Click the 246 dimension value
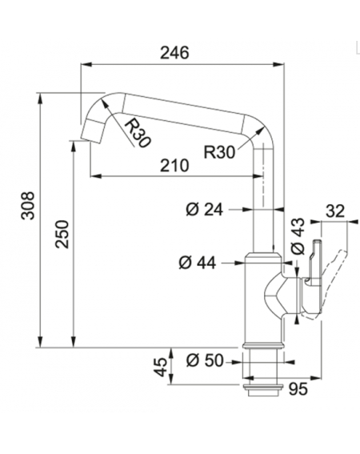174,53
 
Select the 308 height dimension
29,205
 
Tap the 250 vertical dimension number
62,234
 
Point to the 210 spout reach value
174,165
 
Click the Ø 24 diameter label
204,209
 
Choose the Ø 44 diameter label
198,263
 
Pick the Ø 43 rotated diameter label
298,236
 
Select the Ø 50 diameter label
205,361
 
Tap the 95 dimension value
298,389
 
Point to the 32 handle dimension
335,211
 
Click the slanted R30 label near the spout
138,133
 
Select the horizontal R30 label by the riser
219,151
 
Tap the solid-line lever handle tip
317,242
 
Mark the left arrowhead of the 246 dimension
86,64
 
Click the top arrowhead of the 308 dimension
40,98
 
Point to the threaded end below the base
263,390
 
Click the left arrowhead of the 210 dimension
96,175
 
